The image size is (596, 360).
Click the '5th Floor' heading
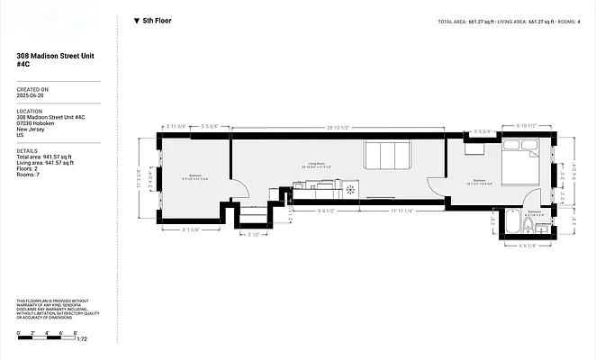click(157, 20)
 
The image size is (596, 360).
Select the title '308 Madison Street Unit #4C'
click(55, 60)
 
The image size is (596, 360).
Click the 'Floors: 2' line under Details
click(28, 168)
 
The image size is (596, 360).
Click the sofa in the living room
click(387, 155)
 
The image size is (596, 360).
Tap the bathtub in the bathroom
click(510, 220)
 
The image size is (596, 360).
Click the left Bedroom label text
click(195, 175)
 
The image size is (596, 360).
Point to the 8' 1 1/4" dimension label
click(191, 230)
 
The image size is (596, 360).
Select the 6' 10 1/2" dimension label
click(528, 126)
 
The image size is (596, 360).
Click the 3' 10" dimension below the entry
click(255, 235)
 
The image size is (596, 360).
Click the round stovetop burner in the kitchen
click(348, 190)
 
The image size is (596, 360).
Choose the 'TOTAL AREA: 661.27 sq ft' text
click(469, 21)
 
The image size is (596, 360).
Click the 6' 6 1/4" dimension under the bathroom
click(527, 246)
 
